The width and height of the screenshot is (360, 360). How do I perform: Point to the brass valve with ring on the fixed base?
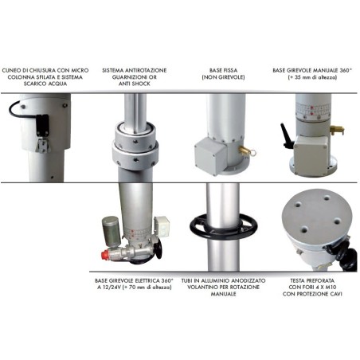248,151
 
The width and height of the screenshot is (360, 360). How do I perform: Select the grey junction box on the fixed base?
210,156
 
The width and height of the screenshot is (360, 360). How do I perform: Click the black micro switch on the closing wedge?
42,125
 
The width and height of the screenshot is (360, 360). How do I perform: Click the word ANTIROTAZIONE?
146,71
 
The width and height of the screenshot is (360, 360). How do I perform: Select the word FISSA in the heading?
230,71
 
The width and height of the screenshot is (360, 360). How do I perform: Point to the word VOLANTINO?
200,288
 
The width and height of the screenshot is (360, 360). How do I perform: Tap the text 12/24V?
112,288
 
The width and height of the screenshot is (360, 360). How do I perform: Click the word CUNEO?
11,71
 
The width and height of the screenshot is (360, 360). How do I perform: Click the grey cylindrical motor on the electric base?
112,231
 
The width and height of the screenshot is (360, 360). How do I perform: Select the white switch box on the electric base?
162,225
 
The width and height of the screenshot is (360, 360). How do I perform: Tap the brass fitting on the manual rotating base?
337,131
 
